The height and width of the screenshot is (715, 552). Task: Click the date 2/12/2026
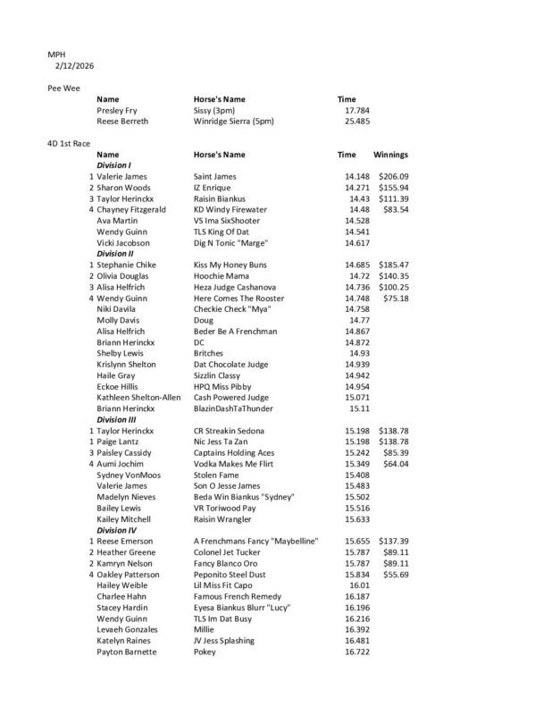(x=74, y=66)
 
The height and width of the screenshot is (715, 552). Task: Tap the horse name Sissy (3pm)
(x=219, y=110)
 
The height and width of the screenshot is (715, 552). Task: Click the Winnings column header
(x=390, y=155)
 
